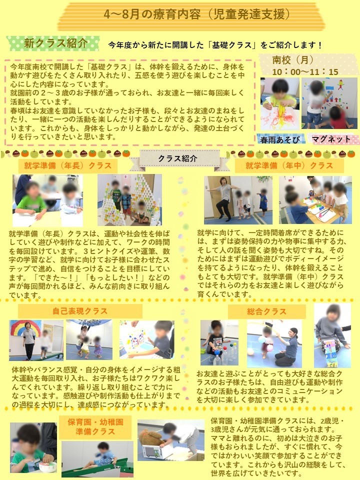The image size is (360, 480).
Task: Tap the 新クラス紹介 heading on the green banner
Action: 55,43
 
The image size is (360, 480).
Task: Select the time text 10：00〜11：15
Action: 304,71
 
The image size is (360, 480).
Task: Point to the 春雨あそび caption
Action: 278,139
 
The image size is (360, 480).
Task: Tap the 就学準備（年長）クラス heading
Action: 67,165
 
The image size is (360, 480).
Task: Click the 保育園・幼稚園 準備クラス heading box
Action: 95,426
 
